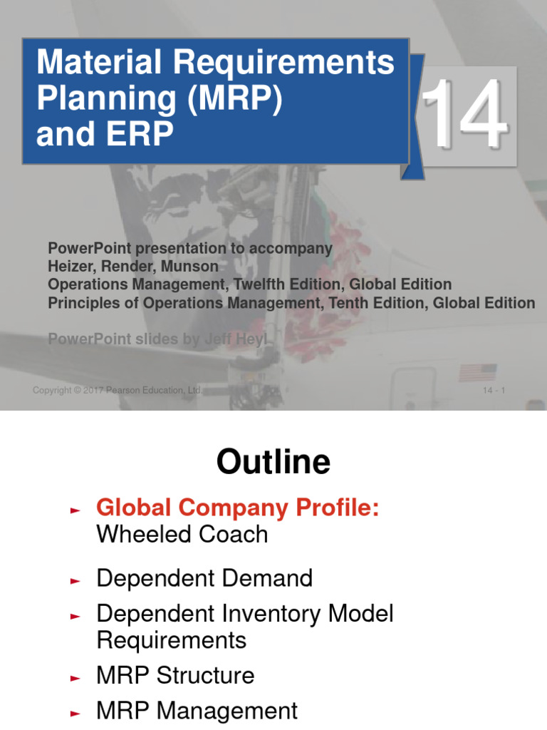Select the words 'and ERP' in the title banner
[x=105, y=135]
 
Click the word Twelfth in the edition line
[x=266, y=284]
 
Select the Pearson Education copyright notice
[x=118, y=391]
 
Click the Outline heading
[x=273, y=463]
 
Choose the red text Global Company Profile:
[x=238, y=508]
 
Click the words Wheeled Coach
[x=182, y=535]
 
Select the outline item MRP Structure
[x=175, y=675]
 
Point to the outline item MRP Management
[x=197, y=711]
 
